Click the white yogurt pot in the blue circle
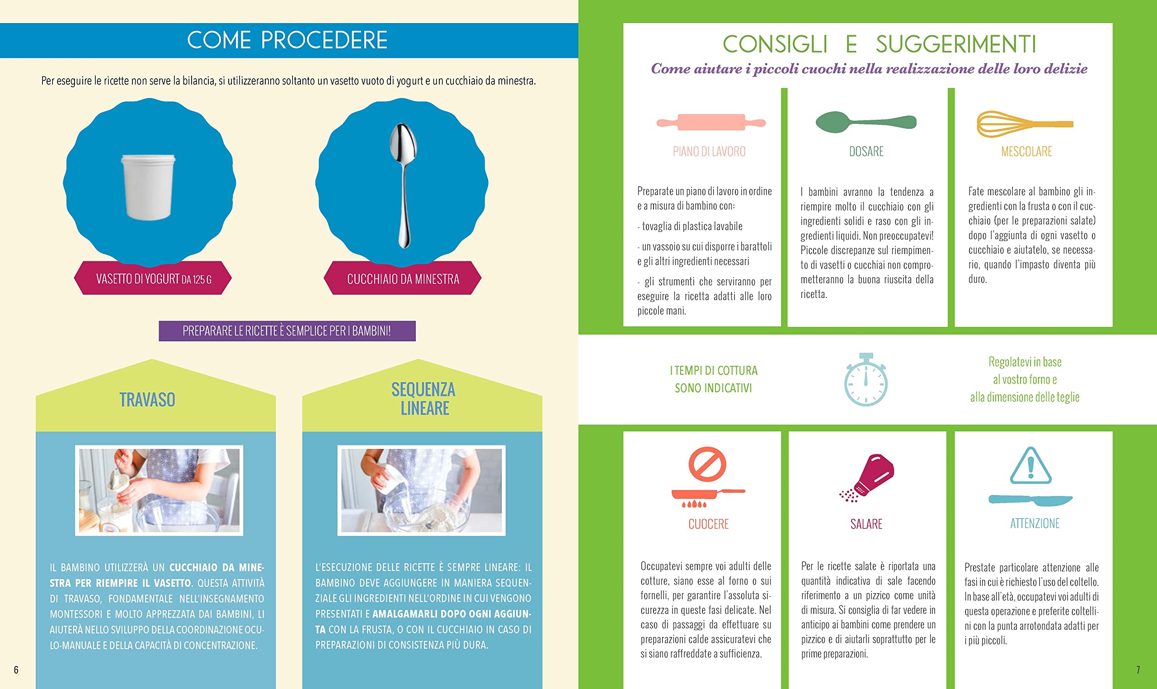pyautogui.click(x=148, y=187)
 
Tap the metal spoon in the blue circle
pyautogui.click(x=403, y=185)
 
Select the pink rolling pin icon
pyautogui.click(x=711, y=122)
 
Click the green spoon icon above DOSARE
pyautogui.click(x=866, y=122)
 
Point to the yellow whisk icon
pyautogui.click(x=1025, y=124)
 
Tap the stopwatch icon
pyautogui.click(x=865, y=379)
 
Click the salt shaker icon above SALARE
pyautogui.click(x=867, y=478)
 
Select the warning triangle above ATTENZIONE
pyautogui.click(x=1030, y=466)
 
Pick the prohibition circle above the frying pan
pyautogui.click(x=707, y=464)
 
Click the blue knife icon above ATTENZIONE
pyautogui.click(x=1030, y=500)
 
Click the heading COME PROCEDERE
pyautogui.click(x=287, y=40)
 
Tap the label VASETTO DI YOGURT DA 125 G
pyautogui.click(x=154, y=279)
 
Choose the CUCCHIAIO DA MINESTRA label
pyautogui.click(x=403, y=279)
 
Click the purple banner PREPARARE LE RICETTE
pyautogui.click(x=287, y=331)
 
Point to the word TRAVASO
pyautogui.click(x=147, y=400)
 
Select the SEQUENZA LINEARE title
pyautogui.click(x=423, y=399)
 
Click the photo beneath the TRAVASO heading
pyautogui.click(x=159, y=490)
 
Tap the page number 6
pyautogui.click(x=16, y=670)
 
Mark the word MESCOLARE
pyautogui.click(x=1026, y=152)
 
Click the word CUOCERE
pyautogui.click(x=708, y=524)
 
